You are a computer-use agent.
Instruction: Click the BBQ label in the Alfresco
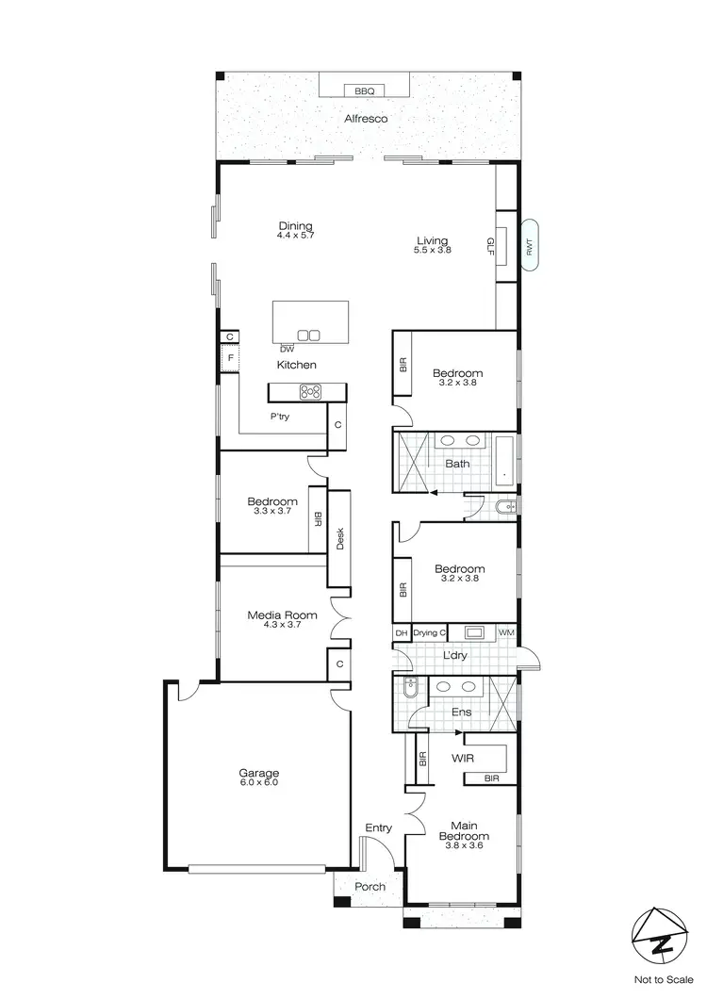coord(365,91)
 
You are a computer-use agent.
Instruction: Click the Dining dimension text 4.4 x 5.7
coord(295,235)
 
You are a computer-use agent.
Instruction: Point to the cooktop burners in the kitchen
coord(310,392)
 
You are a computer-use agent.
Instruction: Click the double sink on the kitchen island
coord(308,335)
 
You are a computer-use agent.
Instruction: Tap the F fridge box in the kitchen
coord(227,358)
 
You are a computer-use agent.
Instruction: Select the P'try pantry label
coord(279,416)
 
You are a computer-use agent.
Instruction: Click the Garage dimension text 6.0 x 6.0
coord(258,782)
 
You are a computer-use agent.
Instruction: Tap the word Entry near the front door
coord(378,827)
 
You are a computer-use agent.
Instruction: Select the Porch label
coord(370,887)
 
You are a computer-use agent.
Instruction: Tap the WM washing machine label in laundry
coord(505,632)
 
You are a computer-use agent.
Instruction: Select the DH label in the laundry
coord(401,632)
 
